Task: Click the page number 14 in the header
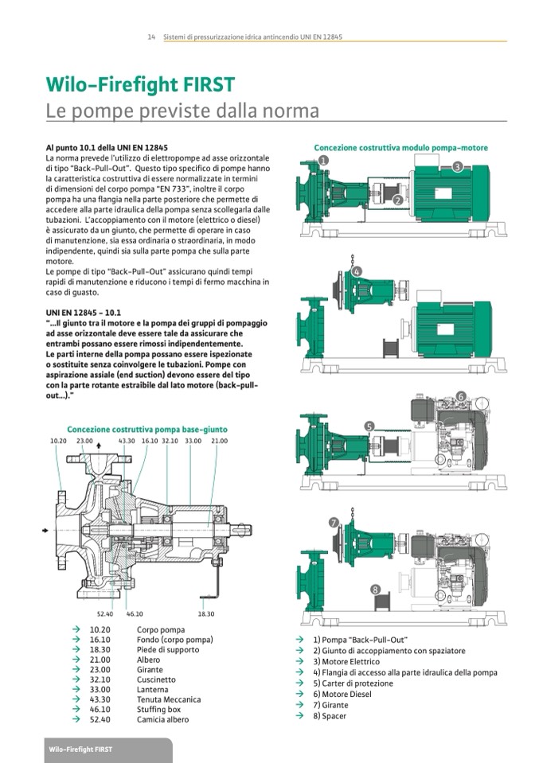[150, 37]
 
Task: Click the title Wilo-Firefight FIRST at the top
[139, 86]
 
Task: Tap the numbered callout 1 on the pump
[323, 160]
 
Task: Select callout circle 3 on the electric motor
[457, 166]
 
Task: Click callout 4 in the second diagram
[357, 273]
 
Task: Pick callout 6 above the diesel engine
[460, 396]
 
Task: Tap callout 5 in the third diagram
[369, 426]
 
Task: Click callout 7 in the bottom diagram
[334, 523]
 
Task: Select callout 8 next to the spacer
[375, 590]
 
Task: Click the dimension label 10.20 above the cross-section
[58, 441]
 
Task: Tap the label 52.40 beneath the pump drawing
[105, 613]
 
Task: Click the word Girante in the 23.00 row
[149, 670]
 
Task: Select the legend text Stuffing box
[158, 710]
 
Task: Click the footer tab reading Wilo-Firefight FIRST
[80, 750]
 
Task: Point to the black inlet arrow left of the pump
[45, 529]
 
